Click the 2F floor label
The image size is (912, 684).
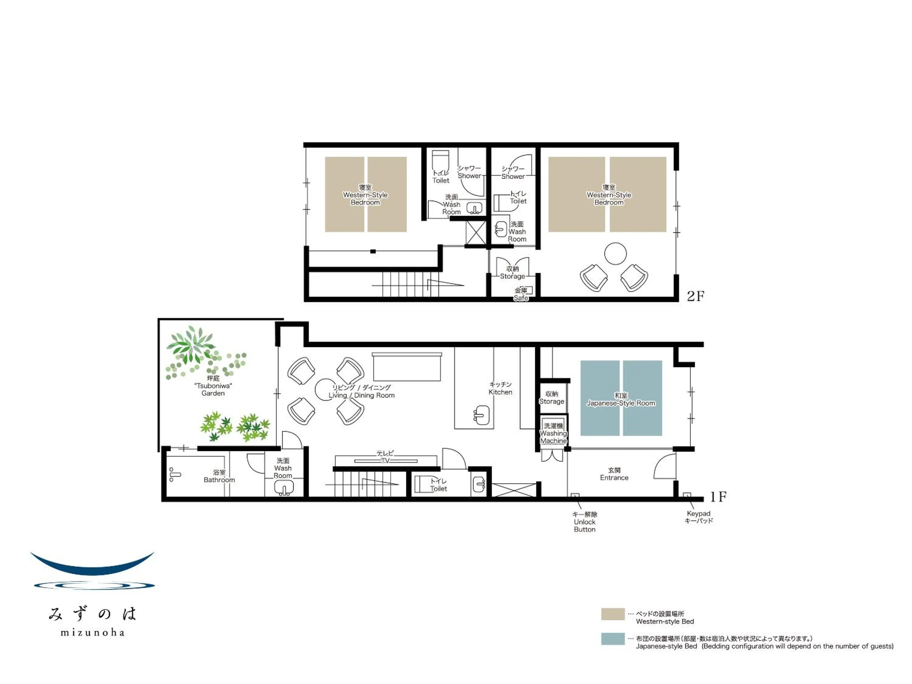[x=695, y=296]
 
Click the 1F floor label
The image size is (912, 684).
[x=718, y=497]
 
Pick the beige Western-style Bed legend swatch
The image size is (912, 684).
[x=613, y=614]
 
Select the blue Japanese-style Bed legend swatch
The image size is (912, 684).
[x=613, y=639]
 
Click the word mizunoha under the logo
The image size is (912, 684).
[x=92, y=632]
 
